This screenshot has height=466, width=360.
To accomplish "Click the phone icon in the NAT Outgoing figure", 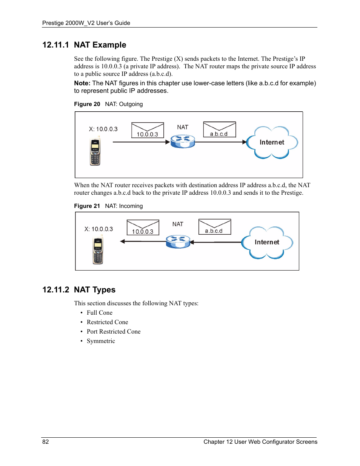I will pos(95,152).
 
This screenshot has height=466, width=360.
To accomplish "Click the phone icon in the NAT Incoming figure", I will pos(98,251).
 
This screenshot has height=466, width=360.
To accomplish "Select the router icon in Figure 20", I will pos(183,141).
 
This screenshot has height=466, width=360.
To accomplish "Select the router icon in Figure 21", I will pos(178,241).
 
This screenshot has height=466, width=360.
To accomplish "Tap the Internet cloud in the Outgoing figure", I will pos(272,143).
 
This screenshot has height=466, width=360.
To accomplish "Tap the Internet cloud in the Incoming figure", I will pos(267,243).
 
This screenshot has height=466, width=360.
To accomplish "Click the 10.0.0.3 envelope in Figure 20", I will pos(148,130).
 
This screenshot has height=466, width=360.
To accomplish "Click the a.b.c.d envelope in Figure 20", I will pos(219,129).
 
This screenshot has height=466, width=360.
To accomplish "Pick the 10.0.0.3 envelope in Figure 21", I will pos(143,228).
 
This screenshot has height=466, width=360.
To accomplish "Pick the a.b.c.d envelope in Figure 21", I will pos(214,227).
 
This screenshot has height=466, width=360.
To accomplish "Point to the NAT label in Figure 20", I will pos(183,127).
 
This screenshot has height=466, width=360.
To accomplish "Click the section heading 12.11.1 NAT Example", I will pos(84,45).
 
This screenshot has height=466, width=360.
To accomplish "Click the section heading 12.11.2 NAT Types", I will pos(79,290).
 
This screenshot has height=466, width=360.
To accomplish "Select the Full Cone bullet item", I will pos(100,313).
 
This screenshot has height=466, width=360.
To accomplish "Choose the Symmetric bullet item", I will pos(101,341).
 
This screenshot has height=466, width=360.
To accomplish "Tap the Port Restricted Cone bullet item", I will pos(114,332).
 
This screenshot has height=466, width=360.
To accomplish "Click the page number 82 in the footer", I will pos(46,442).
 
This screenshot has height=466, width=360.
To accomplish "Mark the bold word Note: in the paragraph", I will pos(82,83).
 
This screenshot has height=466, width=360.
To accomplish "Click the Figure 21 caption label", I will pos(87,206).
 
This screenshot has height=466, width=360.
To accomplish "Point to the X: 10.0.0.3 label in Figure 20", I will pos(103,129).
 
